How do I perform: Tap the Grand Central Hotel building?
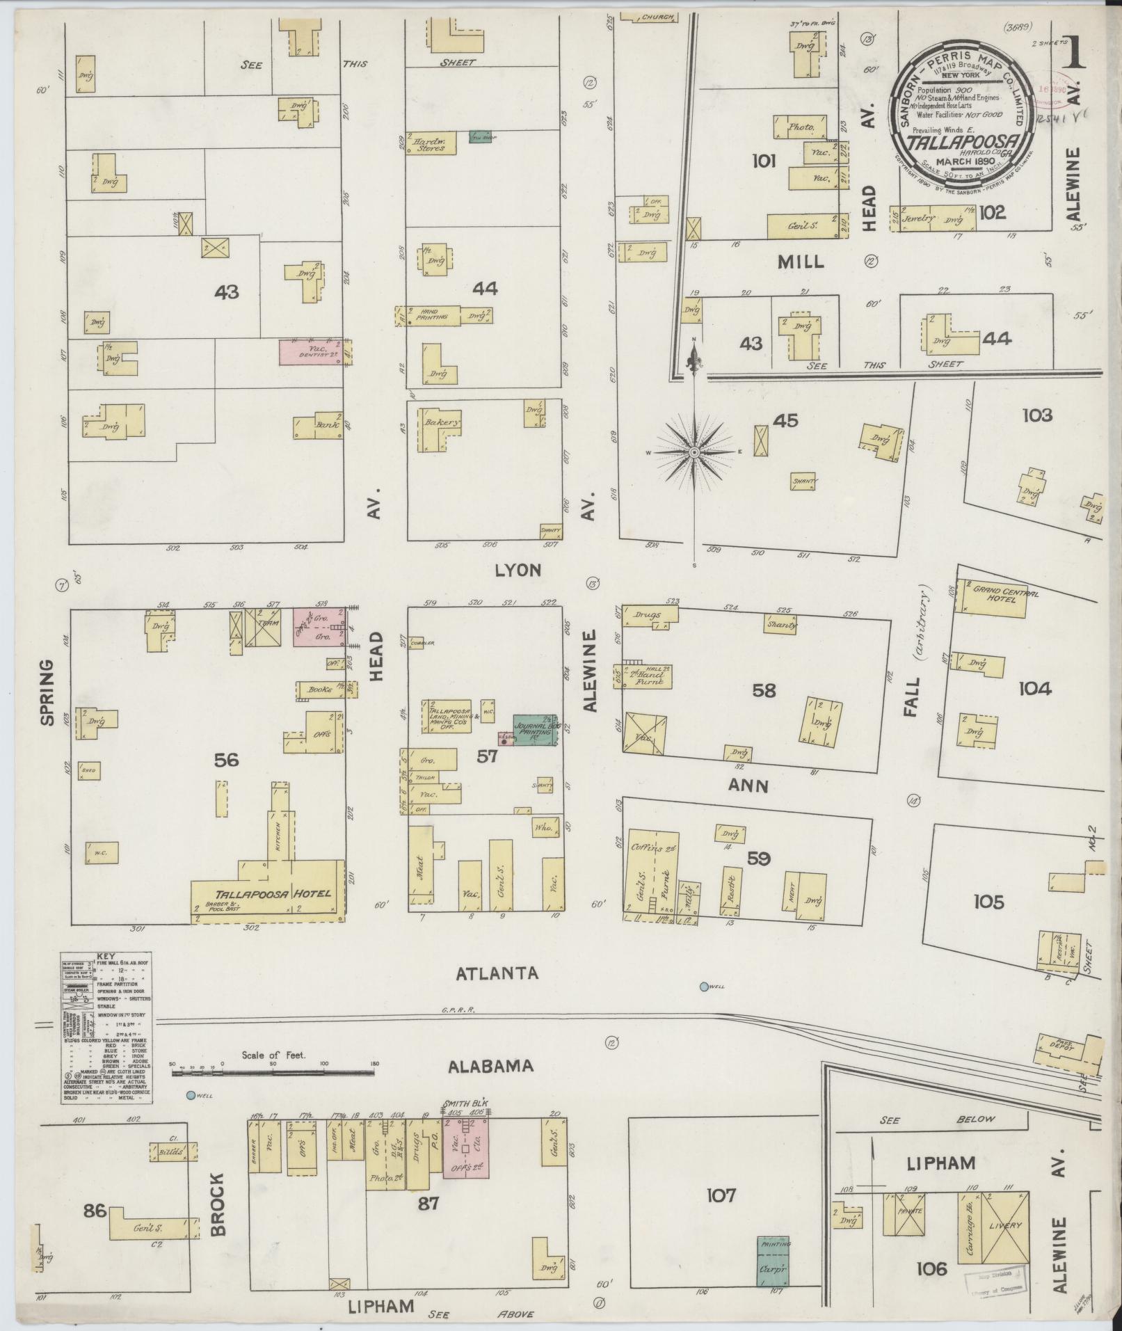[995, 598]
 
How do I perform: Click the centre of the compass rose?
[694, 453]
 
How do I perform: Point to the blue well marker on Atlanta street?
[704, 986]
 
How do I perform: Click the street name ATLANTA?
[497, 973]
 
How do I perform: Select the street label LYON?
[518, 571]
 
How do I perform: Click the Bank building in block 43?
[319, 425]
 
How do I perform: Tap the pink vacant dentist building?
[314, 351]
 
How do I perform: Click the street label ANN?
[748, 786]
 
